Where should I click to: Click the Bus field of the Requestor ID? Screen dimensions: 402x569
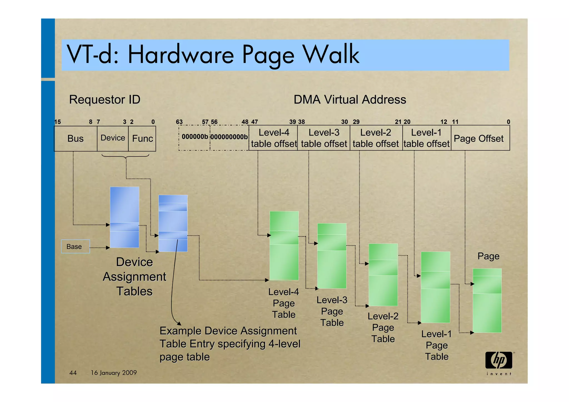coord(76,139)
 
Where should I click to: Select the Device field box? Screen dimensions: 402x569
coord(113,138)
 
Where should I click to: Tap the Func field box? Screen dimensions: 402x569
coord(142,139)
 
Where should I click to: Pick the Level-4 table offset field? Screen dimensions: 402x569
coord(273,138)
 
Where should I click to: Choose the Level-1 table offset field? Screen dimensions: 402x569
coord(426,138)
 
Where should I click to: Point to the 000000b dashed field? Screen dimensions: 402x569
coord(194,137)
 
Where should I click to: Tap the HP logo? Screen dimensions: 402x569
coord(499,361)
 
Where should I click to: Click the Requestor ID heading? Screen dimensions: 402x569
coord(105,99)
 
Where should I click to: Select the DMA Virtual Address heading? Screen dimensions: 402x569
coord(350,99)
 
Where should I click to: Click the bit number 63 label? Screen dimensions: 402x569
coord(179,122)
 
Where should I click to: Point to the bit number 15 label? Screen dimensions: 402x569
coord(58,122)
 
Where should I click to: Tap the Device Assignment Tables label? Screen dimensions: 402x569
coord(134,277)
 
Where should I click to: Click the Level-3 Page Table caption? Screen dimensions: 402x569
coord(332,311)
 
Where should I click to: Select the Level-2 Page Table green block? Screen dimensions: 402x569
coord(383,275)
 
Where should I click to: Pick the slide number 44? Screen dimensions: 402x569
coord(73,373)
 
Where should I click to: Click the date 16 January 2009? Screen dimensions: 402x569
coord(114,373)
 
